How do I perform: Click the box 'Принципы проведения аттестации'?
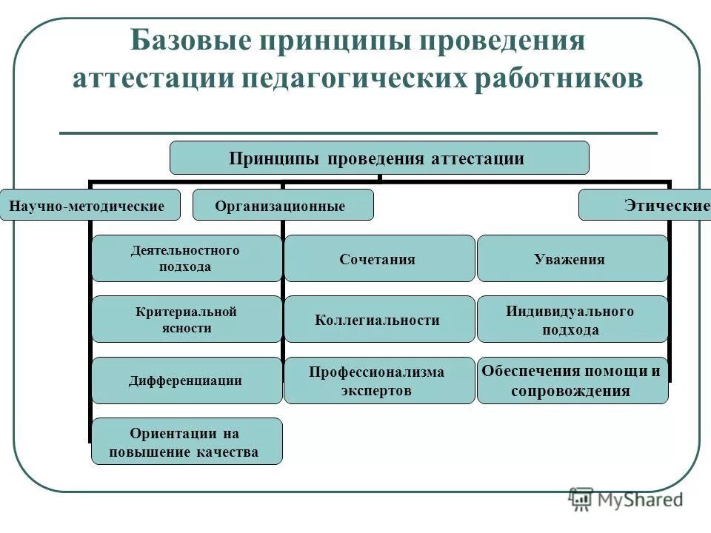click(x=379, y=158)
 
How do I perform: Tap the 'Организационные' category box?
click(x=283, y=205)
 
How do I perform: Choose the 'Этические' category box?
click(x=644, y=205)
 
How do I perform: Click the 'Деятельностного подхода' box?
click(x=186, y=258)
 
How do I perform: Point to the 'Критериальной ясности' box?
click(x=186, y=319)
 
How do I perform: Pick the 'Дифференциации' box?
click(x=186, y=381)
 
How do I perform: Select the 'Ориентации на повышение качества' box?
click(x=186, y=441)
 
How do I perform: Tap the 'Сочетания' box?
click(x=378, y=258)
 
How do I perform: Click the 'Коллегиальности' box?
click(x=378, y=319)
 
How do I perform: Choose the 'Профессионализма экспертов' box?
click(x=378, y=381)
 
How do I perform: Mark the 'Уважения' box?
click(x=572, y=258)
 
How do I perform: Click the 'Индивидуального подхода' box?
click(x=572, y=319)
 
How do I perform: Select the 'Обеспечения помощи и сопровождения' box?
click(x=572, y=381)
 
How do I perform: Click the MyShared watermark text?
click(x=641, y=500)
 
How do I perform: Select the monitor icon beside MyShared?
click(x=581, y=499)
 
